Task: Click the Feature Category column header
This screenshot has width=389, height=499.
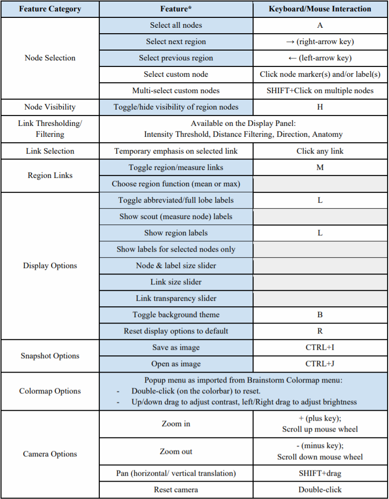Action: click(x=50, y=9)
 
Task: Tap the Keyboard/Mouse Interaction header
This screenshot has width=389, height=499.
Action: click(x=320, y=9)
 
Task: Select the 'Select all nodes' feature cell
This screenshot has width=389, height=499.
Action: click(x=176, y=25)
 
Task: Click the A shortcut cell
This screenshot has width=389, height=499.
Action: click(x=320, y=25)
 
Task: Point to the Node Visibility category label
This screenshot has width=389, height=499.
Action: click(x=50, y=107)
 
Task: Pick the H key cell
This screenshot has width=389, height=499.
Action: click(x=320, y=107)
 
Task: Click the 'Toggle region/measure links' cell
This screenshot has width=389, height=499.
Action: click(x=176, y=167)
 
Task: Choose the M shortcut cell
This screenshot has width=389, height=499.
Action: click(x=320, y=167)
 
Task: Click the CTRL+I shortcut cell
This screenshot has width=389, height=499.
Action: click(x=320, y=347)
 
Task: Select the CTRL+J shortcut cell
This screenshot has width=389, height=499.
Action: click(x=320, y=364)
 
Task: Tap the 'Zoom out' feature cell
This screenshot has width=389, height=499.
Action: click(x=176, y=451)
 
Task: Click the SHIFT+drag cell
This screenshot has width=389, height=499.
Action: click(x=320, y=473)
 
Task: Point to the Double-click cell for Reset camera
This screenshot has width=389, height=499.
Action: click(x=320, y=490)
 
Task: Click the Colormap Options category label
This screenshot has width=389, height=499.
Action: click(x=50, y=391)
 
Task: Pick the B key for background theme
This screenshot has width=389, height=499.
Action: click(x=320, y=315)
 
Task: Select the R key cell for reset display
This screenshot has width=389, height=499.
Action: click(x=320, y=331)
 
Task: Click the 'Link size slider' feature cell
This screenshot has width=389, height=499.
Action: click(x=176, y=282)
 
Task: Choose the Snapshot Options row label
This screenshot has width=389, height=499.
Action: click(x=50, y=356)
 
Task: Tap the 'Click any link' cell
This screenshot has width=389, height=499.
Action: click(x=320, y=151)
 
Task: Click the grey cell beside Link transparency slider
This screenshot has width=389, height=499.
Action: click(x=320, y=298)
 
